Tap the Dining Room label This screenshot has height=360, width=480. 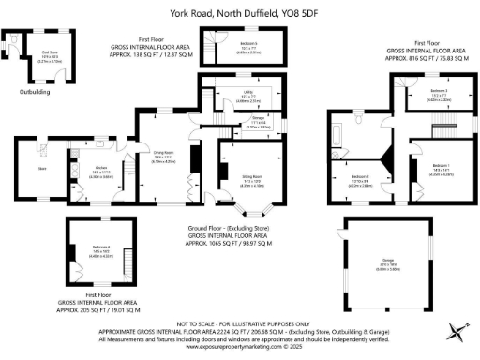[x=166, y=158]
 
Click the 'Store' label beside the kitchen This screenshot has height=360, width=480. [x=42, y=169]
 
